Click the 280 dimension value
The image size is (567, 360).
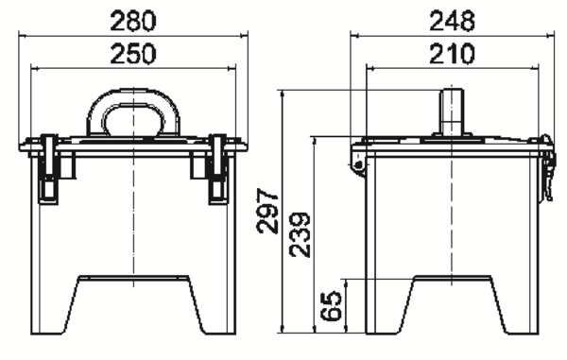pos(133,22)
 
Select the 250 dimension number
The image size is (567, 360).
pos(133,54)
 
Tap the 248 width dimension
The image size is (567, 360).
pos(452,22)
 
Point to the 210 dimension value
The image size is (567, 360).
pos(452,54)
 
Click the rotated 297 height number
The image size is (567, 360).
pos(267,211)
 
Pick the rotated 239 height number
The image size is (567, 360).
pos(300,235)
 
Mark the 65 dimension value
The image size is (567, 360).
pos(332,306)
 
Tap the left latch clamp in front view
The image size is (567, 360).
pos(49,169)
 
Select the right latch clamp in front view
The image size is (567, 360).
pos(218,169)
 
